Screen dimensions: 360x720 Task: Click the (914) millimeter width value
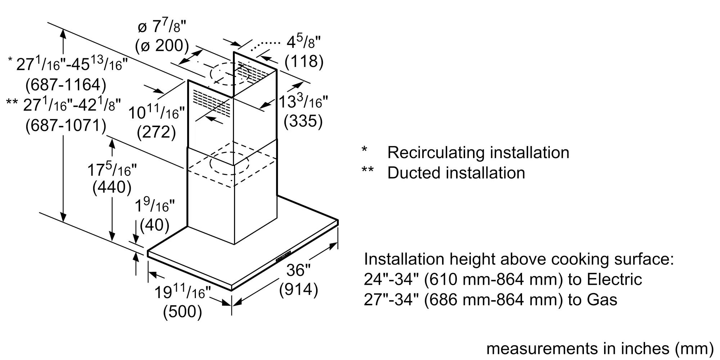point(298,289)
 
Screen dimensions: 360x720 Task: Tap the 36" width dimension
point(298,270)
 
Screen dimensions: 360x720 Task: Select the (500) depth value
point(182,311)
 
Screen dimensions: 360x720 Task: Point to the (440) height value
point(112,188)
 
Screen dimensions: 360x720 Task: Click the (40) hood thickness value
point(154,225)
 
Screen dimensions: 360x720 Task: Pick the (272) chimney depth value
point(156,132)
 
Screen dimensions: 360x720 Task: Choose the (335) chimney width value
point(303,121)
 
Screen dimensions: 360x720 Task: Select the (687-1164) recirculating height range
point(66,85)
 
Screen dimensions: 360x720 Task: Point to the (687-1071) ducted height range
point(66,126)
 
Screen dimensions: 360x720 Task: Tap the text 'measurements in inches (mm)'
point(600,348)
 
